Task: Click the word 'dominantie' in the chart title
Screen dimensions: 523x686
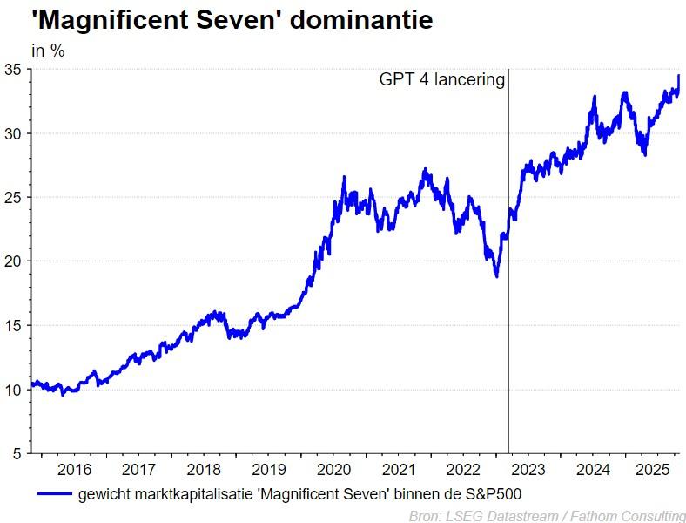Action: click(360, 20)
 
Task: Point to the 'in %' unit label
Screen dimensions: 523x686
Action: click(48, 51)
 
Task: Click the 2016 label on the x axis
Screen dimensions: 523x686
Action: click(74, 470)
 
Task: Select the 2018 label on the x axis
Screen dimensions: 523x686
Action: click(204, 470)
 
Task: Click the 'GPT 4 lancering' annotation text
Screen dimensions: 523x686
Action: click(441, 80)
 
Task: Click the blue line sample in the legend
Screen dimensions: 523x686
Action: click(55, 495)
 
